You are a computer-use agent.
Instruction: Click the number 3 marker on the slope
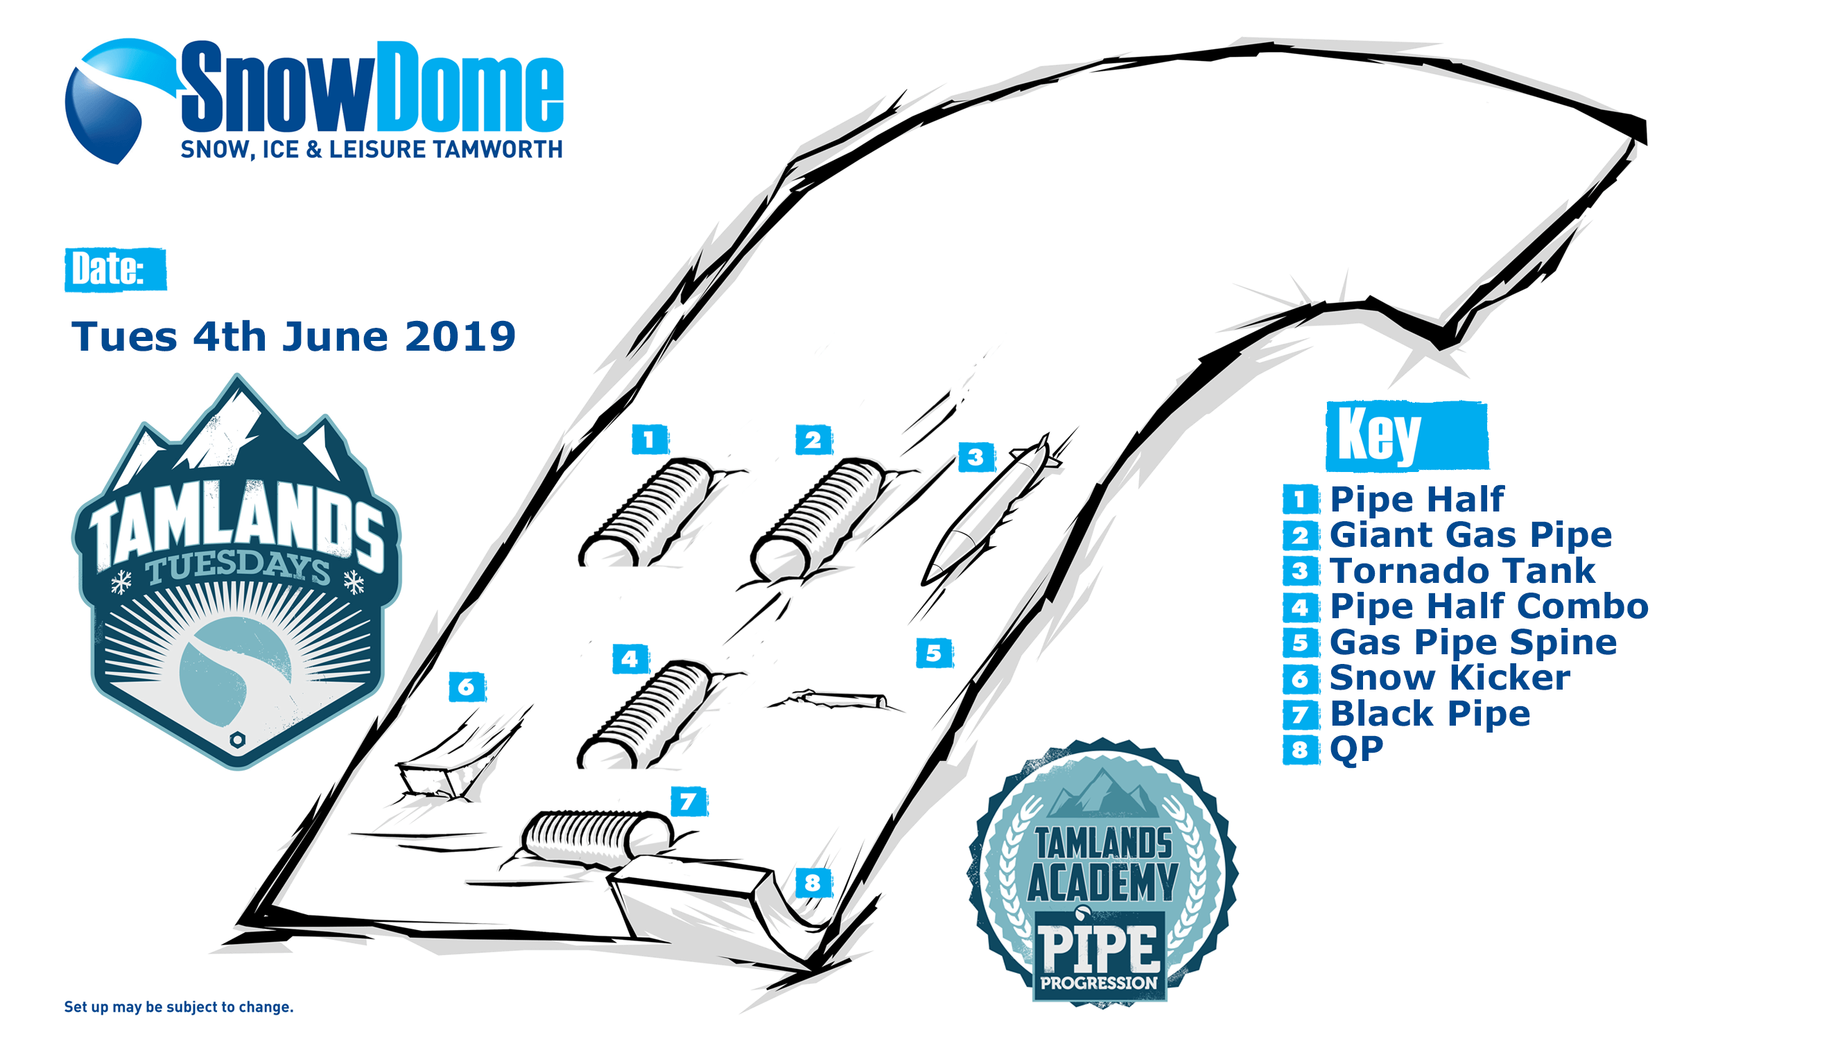pyautogui.click(x=976, y=457)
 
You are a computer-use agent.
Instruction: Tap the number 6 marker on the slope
pyautogui.click(x=467, y=686)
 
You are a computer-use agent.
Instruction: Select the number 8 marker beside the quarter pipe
pyautogui.click(x=813, y=882)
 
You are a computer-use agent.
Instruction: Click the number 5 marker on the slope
pyautogui.click(x=934, y=653)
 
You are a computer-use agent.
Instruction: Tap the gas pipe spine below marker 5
pyautogui.click(x=837, y=699)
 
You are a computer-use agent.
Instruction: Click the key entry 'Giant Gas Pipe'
pyautogui.click(x=1470, y=534)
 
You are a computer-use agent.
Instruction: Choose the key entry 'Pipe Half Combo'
pyautogui.click(x=1489, y=606)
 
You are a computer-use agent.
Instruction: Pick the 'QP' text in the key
pyautogui.click(x=1356, y=749)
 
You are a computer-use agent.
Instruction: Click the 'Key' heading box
pyautogui.click(x=1407, y=435)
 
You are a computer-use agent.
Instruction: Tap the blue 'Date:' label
pyautogui.click(x=115, y=269)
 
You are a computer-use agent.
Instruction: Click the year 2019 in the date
pyautogui.click(x=460, y=337)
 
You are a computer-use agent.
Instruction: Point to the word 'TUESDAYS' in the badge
pyautogui.click(x=238, y=568)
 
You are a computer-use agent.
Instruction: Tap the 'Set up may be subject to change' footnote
pyautogui.click(x=179, y=1007)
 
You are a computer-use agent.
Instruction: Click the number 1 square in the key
pyautogui.click(x=1301, y=499)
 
